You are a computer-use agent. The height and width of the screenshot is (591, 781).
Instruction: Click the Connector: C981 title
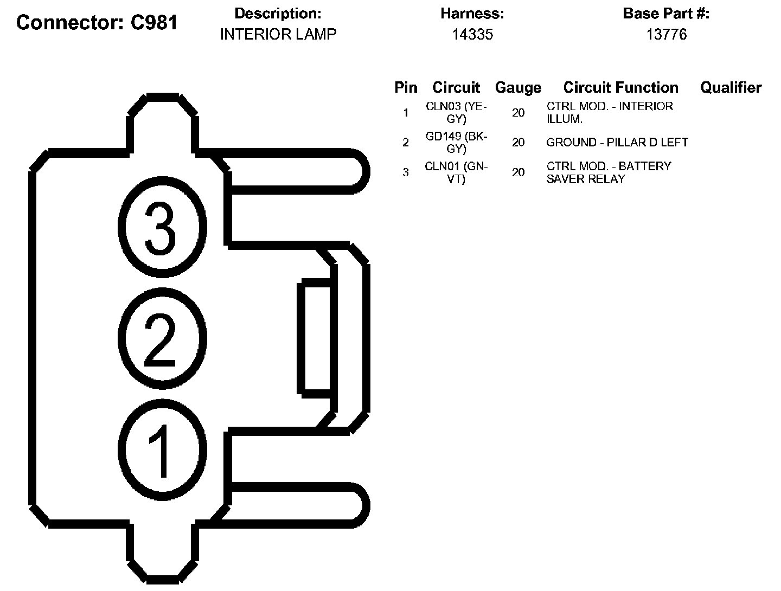97,22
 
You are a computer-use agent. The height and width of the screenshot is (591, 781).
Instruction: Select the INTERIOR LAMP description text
278,34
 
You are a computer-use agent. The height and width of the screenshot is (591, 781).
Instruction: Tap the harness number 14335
472,34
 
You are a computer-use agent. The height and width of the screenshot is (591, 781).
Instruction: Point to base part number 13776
667,34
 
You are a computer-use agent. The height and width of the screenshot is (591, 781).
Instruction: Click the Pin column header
406,87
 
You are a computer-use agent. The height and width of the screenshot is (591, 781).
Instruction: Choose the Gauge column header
518,87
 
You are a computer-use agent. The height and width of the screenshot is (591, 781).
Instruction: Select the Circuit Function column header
620,87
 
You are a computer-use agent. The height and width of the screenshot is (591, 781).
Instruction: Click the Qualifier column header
731,87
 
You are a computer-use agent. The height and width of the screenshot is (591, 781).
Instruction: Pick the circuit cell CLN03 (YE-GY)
456,112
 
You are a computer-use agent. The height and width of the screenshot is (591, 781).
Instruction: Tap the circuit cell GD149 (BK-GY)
456,142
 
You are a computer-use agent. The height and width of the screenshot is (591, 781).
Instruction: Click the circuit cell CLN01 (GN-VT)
456,172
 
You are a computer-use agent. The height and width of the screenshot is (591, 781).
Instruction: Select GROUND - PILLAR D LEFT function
617,142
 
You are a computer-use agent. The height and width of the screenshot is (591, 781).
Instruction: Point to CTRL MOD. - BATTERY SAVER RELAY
609,172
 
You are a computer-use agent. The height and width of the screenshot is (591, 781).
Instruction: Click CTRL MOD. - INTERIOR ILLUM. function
610,112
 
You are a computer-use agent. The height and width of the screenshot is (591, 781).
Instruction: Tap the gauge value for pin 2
518,142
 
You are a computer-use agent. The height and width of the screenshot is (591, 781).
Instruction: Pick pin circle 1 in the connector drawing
162,451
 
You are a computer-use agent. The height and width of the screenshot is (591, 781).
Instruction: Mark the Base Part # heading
666,14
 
